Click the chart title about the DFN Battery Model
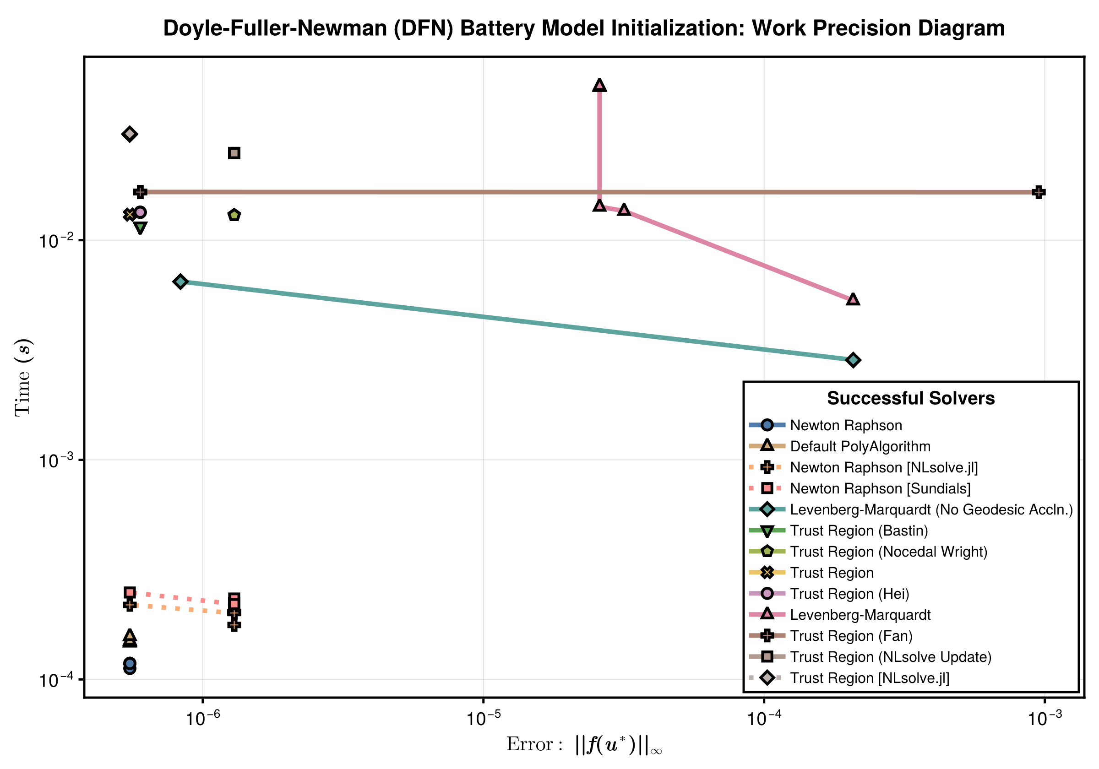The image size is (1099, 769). (583, 28)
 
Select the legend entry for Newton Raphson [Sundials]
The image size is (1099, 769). (880, 488)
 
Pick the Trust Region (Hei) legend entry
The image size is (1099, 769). (849, 594)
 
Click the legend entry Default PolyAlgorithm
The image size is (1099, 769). (860, 446)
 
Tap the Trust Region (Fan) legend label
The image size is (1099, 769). (851, 636)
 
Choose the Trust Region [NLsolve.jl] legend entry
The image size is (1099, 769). (869, 678)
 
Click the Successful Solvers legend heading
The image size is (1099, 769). (910, 398)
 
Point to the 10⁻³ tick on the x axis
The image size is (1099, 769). (1045, 719)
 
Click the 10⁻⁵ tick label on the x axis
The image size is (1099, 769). (484, 719)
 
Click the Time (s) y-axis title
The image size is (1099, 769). (23, 378)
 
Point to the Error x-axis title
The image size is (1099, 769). (583, 745)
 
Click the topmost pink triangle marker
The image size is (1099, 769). (599, 85)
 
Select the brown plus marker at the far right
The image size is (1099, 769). (1038, 192)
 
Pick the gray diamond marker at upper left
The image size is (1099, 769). (129, 134)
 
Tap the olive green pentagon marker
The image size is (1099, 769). (234, 215)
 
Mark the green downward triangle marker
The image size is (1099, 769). (140, 228)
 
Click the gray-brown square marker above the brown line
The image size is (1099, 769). (234, 153)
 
